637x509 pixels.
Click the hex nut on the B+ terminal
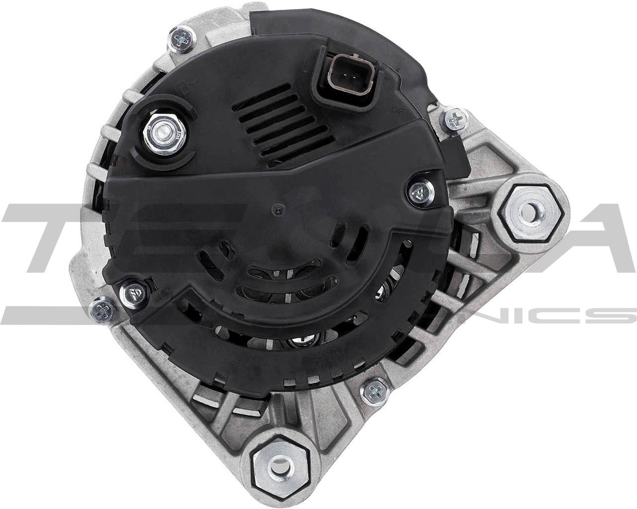(x=164, y=134)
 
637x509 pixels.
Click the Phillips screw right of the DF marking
(x=454, y=119)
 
